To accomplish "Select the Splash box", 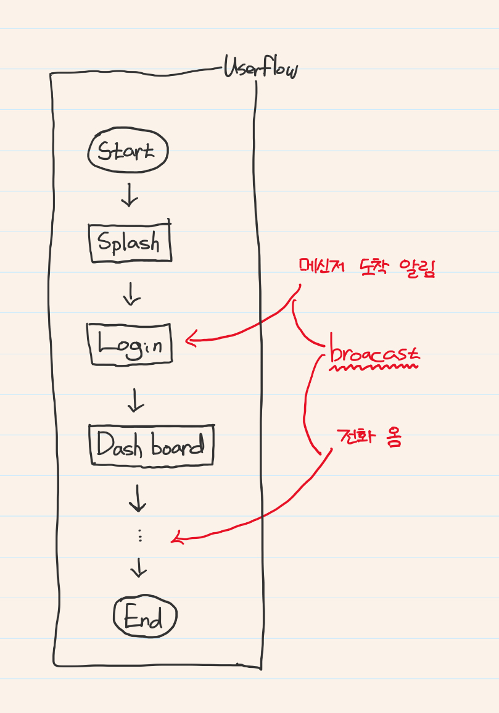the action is (x=130, y=242).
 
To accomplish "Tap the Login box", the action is (x=130, y=344).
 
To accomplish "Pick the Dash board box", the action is (x=151, y=444).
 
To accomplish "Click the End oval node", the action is (x=145, y=617).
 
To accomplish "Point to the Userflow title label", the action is (x=260, y=69).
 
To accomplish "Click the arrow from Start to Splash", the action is (x=130, y=195).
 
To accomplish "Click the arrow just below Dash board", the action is (x=137, y=497).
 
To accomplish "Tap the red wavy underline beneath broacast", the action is (x=374, y=367).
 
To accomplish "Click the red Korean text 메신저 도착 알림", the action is (x=367, y=267).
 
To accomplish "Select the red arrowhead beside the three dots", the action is (x=177, y=538).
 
